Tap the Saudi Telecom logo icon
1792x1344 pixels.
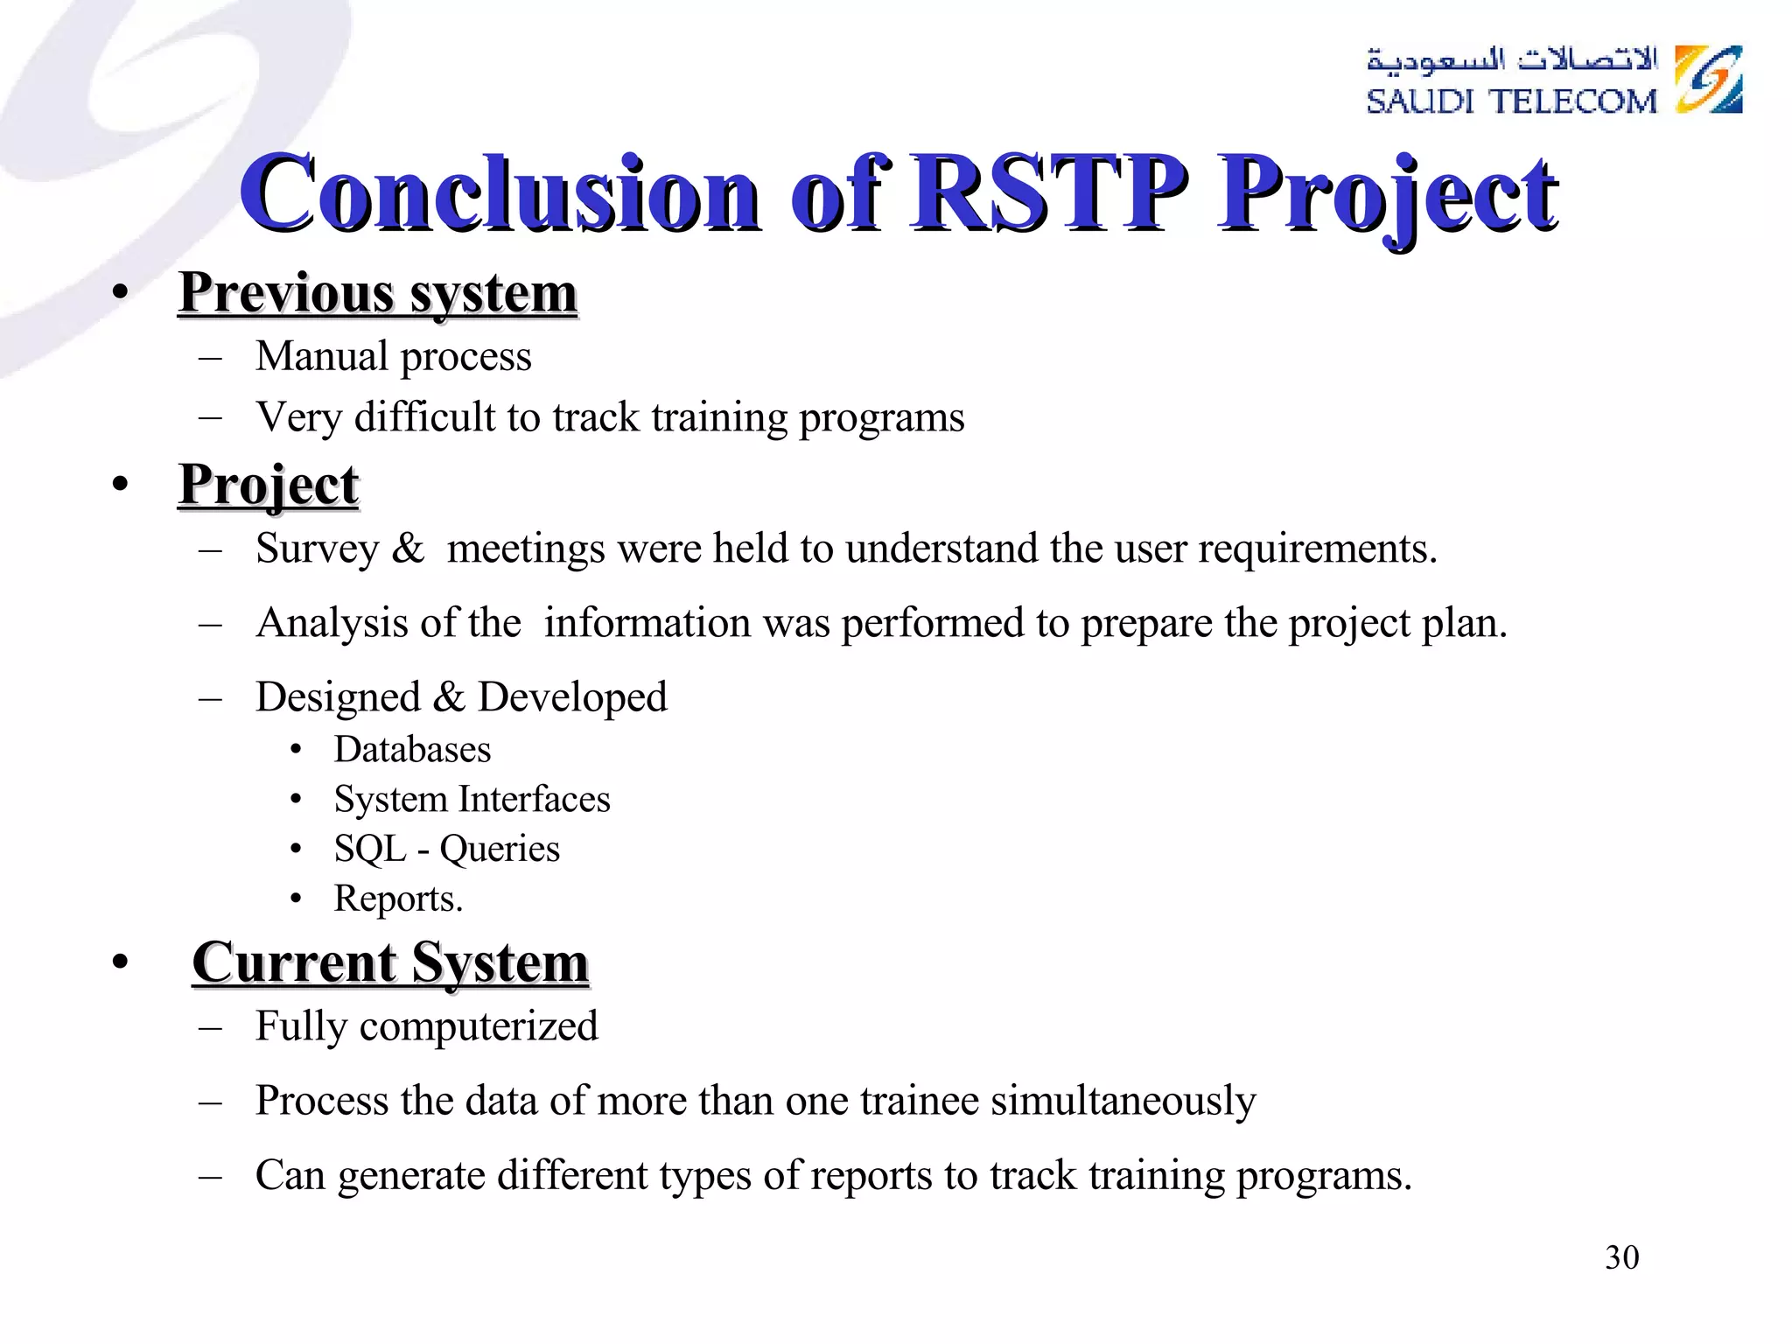1708,80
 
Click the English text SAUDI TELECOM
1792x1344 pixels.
1511,101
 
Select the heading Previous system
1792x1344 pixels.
377,293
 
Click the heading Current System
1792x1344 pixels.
390,962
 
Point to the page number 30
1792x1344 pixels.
1621,1257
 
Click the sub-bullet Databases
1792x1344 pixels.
412,750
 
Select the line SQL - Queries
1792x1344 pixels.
446,849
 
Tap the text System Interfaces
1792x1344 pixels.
472,799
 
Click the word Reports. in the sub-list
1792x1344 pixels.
398,899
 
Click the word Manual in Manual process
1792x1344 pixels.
321,356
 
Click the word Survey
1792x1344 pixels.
317,549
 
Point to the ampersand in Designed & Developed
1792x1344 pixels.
448,697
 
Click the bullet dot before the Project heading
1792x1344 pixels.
121,484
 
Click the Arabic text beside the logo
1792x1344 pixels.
1511,59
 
